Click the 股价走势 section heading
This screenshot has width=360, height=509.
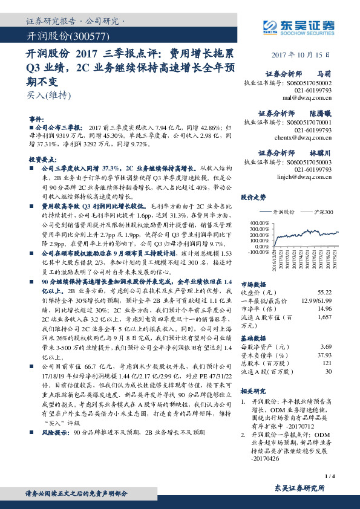pos(254,197)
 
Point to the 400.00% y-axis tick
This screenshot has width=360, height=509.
pos(254,223)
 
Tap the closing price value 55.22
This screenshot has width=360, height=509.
pos(324,291)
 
